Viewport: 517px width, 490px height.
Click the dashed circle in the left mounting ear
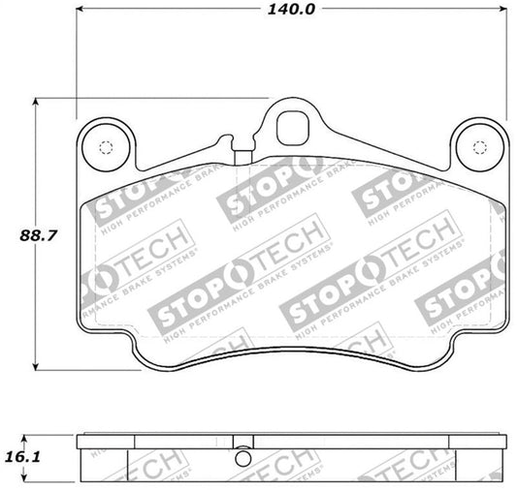[106, 148]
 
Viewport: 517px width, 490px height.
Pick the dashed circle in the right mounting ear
[477, 148]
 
